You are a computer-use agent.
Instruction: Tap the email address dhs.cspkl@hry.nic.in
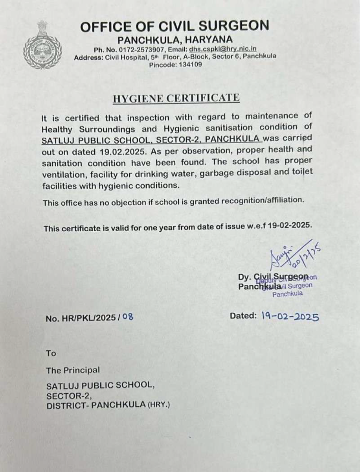click(x=223, y=49)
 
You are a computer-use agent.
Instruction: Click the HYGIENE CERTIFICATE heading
click(x=176, y=98)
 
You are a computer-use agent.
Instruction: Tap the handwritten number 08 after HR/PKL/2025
click(x=128, y=316)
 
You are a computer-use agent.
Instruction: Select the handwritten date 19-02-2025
click(x=290, y=316)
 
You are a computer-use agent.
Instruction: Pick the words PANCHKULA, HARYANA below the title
click(x=175, y=40)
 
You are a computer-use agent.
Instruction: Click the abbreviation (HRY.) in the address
click(x=158, y=405)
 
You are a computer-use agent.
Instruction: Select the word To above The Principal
click(x=51, y=353)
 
